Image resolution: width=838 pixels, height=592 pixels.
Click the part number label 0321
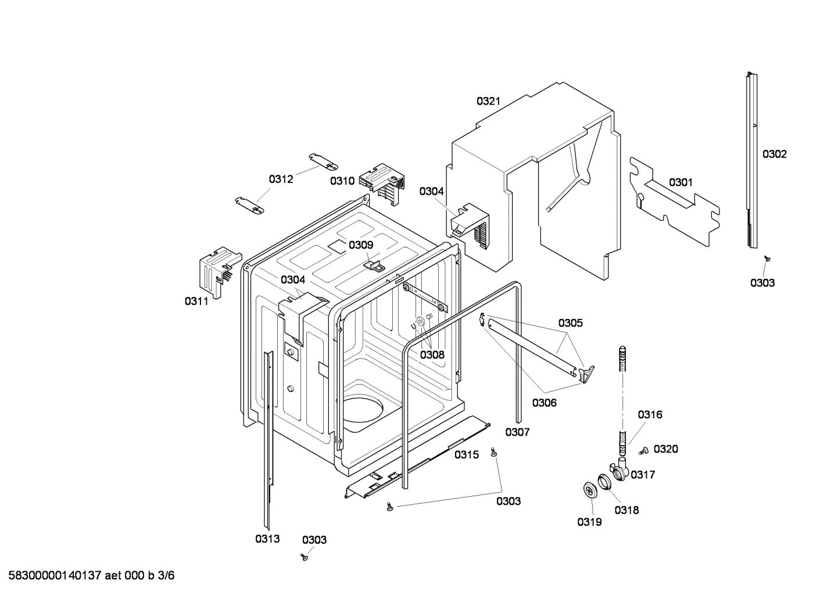point(488,101)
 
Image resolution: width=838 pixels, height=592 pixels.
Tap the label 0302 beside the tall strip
point(774,154)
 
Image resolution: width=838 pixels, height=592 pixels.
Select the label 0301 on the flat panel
point(681,182)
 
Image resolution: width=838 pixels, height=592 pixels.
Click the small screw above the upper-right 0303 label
point(767,259)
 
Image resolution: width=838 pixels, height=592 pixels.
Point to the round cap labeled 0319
point(591,490)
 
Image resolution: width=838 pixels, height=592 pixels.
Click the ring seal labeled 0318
point(605,482)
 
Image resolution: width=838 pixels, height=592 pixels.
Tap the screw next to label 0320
point(643,450)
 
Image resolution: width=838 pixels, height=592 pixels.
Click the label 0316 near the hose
point(650,415)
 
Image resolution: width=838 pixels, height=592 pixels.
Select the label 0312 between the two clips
point(281,180)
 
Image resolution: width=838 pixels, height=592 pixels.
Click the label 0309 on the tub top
point(361,245)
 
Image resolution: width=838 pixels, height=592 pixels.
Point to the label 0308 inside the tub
point(432,354)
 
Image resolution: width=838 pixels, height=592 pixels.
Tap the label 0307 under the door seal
point(517,432)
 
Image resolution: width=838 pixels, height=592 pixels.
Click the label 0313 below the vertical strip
point(267,539)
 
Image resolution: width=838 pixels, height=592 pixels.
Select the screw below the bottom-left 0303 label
point(303,557)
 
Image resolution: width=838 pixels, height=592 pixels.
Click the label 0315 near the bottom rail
point(467,455)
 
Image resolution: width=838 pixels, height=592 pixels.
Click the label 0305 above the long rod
point(570,323)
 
